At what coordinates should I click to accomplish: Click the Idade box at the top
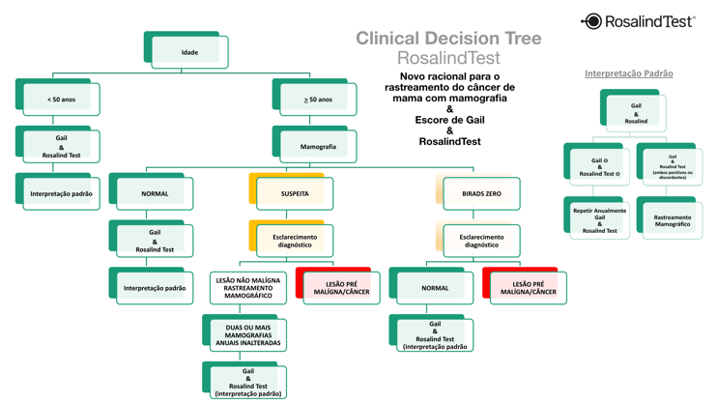click(189, 52)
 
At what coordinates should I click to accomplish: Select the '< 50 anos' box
click(61, 100)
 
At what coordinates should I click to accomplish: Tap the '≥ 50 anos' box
click(318, 100)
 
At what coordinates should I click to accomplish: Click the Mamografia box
click(318, 147)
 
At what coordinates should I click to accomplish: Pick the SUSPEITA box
click(295, 193)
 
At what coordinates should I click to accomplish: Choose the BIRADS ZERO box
click(481, 193)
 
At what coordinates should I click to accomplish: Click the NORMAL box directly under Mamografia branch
click(155, 193)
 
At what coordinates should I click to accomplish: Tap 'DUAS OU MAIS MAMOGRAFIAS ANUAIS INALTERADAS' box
click(248, 334)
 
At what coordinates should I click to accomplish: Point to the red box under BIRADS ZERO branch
click(528, 287)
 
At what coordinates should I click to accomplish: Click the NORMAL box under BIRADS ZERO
click(435, 287)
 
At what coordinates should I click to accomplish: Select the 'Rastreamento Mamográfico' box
click(672, 220)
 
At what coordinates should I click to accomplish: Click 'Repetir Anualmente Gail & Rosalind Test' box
click(599, 220)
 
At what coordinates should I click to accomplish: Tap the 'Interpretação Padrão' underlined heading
click(628, 73)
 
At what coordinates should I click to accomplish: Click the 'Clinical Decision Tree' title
click(448, 39)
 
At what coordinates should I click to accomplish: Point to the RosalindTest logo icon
click(591, 21)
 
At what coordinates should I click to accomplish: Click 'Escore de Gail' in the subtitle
click(449, 120)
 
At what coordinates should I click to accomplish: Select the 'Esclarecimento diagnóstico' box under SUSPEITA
click(295, 241)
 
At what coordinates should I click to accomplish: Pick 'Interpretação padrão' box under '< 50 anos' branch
click(61, 193)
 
